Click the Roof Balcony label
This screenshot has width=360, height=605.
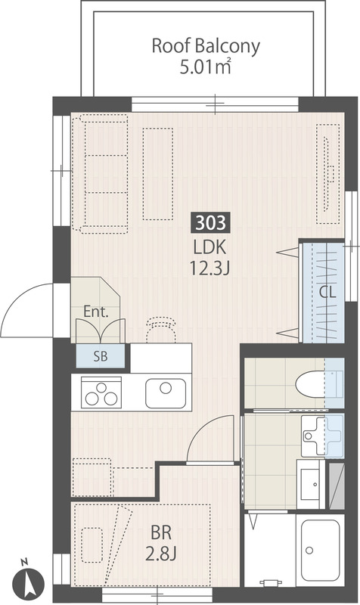(206, 46)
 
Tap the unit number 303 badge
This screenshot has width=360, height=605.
(211, 223)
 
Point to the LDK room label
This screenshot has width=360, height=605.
(209, 247)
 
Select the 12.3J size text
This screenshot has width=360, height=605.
(209, 268)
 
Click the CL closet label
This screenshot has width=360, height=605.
(327, 293)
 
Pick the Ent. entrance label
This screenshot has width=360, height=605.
(96, 312)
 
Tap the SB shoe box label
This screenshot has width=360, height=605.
(101, 356)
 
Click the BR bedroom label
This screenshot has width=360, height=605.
(161, 533)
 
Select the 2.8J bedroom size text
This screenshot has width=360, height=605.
(161, 554)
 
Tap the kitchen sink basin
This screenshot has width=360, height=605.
(166, 393)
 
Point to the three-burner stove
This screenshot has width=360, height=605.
(101, 392)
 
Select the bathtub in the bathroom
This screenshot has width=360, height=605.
(320, 551)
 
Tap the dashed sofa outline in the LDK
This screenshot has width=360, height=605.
(100, 174)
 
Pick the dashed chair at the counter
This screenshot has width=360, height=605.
(161, 330)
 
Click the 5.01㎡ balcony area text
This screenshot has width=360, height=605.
(206, 67)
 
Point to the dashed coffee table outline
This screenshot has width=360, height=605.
(158, 174)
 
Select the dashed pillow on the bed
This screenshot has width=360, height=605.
(92, 544)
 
